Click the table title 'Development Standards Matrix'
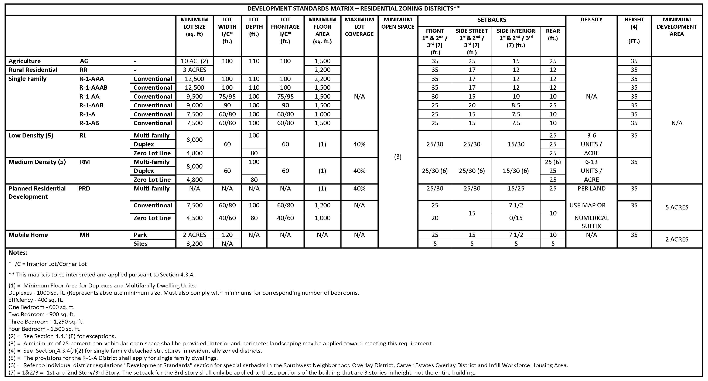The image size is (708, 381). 353,9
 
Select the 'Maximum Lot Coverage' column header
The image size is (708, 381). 359,27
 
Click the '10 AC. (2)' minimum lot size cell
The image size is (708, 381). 194,61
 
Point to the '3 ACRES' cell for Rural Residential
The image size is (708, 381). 194,70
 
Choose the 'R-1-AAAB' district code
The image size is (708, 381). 93,88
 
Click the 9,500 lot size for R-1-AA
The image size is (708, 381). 194,97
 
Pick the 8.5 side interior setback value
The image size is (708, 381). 516,105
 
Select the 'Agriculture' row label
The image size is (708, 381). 25,61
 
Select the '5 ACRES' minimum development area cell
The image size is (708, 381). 677,207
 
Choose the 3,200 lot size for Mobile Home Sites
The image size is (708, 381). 194,244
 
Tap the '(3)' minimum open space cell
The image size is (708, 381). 398,157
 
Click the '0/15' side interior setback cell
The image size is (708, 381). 516,218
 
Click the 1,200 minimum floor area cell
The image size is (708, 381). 322,205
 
